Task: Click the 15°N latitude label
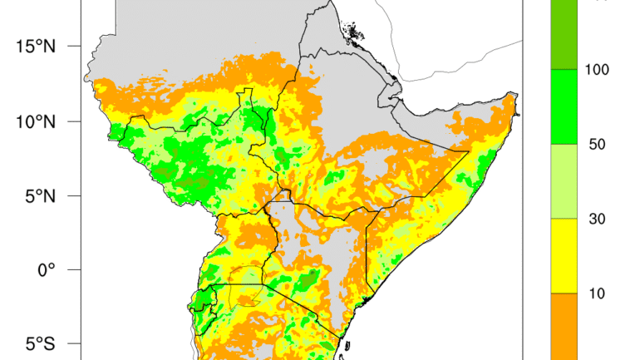(34, 47)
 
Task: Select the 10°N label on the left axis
(34, 121)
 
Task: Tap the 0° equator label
(45, 269)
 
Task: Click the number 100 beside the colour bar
(597, 69)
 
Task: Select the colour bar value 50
(597, 144)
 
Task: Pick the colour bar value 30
(597, 219)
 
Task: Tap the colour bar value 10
(597, 293)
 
